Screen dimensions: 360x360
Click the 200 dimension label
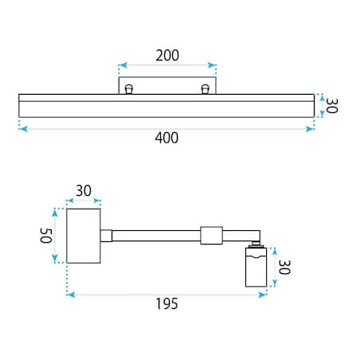[167, 56]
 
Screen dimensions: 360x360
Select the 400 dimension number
[166, 138]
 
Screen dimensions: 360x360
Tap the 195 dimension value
[166, 303]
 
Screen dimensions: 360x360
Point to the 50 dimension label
[45, 236]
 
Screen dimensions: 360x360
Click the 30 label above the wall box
[84, 190]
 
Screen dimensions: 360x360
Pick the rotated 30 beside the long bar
[331, 106]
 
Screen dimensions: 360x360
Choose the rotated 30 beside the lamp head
[284, 267]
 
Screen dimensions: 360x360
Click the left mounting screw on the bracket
[129, 89]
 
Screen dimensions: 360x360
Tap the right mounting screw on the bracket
[205, 89]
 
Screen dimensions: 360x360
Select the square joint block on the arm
[211, 235]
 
